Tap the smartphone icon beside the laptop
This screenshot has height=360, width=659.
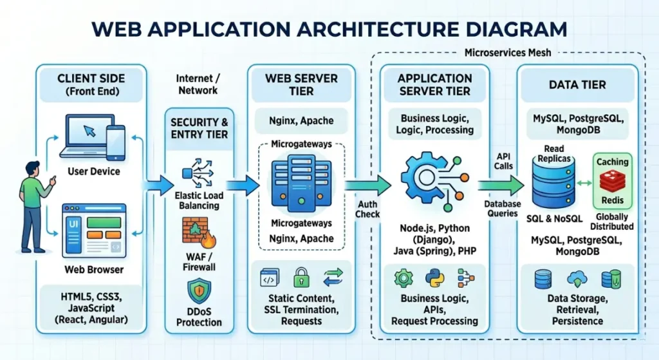click(x=115, y=142)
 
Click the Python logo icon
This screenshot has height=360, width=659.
click(x=435, y=278)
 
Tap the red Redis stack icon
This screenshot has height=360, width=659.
click(x=612, y=182)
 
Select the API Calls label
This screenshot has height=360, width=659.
click(x=504, y=161)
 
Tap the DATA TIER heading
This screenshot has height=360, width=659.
click(x=577, y=84)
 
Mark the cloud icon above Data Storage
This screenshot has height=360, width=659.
click(x=577, y=278)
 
